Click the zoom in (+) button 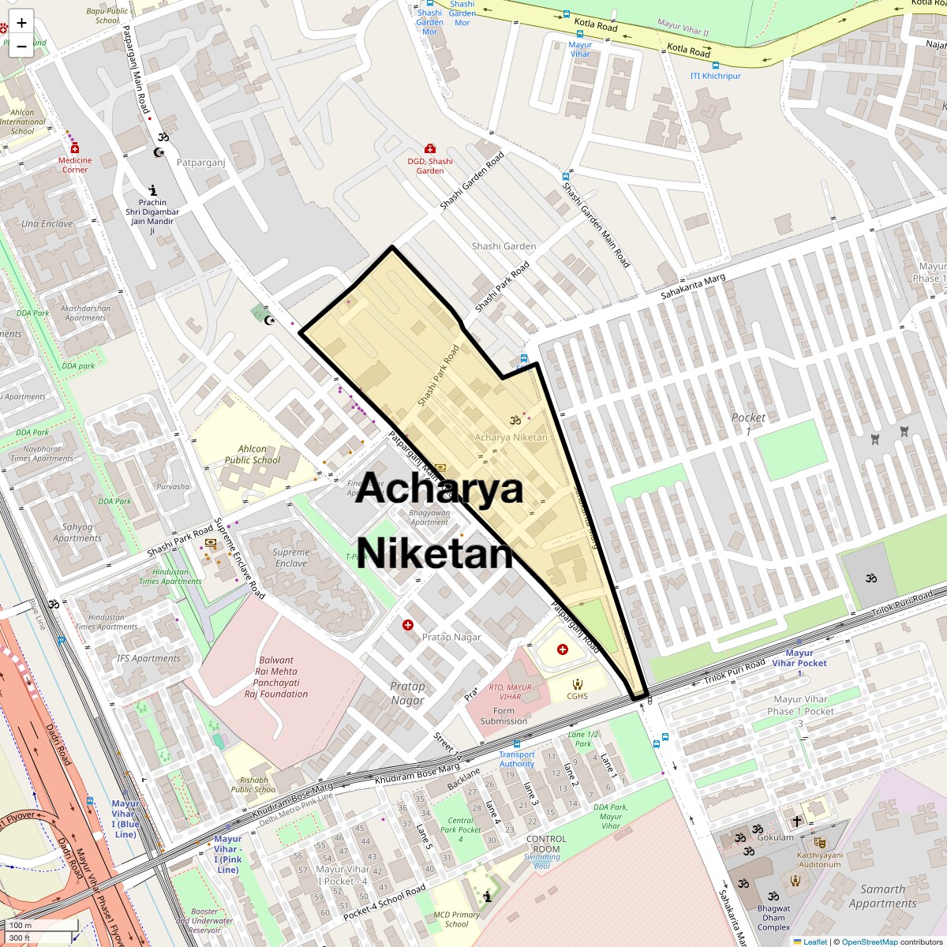coord(21,23)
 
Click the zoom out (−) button coord(21,47)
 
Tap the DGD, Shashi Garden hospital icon coord(430,148)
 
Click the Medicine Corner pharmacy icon coord(75,148)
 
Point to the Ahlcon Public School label coord(252,455)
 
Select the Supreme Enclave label coord(291,558)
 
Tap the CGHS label coord(577,696)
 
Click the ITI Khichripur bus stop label coord(716,77)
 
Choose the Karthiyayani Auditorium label coord(819,859)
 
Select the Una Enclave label coord(47,224)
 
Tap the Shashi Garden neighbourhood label coord(503,246)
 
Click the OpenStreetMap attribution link coord(870,941)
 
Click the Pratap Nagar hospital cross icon coord(408,625)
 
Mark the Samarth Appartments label coord(882,896)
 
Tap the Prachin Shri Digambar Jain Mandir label coord(152,216)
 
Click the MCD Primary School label coord(456,919)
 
